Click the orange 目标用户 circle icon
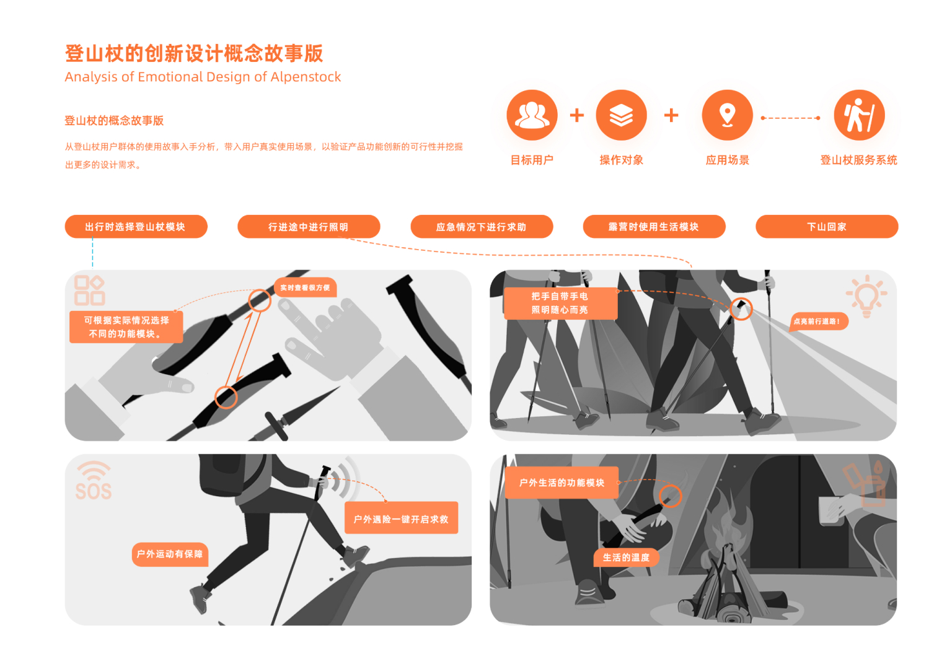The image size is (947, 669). (532, 115)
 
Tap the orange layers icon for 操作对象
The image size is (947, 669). (621, 115)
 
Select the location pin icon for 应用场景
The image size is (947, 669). (727, 115)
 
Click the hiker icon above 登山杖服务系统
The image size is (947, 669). (858, 115)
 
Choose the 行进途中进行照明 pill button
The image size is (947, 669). (309, 227)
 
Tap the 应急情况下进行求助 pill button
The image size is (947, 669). (482, 227)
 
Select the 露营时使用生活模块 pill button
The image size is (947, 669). (654, 227)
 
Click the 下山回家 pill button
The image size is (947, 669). (826, 227)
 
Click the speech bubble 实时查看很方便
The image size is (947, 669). (305, 287)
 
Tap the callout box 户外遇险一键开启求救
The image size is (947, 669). (401, 518)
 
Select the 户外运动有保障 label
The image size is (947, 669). (170, 554)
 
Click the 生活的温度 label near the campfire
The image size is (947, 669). (626, 557)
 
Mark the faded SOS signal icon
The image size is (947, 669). (94, 481)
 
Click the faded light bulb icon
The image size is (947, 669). (866, 296)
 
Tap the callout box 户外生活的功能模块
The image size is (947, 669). (562, 483)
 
